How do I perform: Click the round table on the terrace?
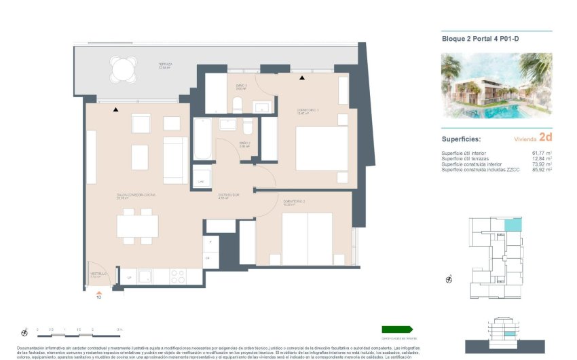point(123,69)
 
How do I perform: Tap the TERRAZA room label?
point(166,65)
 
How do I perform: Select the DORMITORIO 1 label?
point(308,111)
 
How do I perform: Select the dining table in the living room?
point(137,226)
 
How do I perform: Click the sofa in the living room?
point(175,160)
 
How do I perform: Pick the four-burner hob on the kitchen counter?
point(177,276)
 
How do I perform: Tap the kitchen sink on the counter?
point(145,276)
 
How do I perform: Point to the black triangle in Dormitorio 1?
point(301,79)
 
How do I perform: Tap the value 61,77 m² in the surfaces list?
point(540,153)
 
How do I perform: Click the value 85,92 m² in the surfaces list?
point(540,169)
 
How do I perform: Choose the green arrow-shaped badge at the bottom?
point(397,329)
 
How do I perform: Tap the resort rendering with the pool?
point(496,85)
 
